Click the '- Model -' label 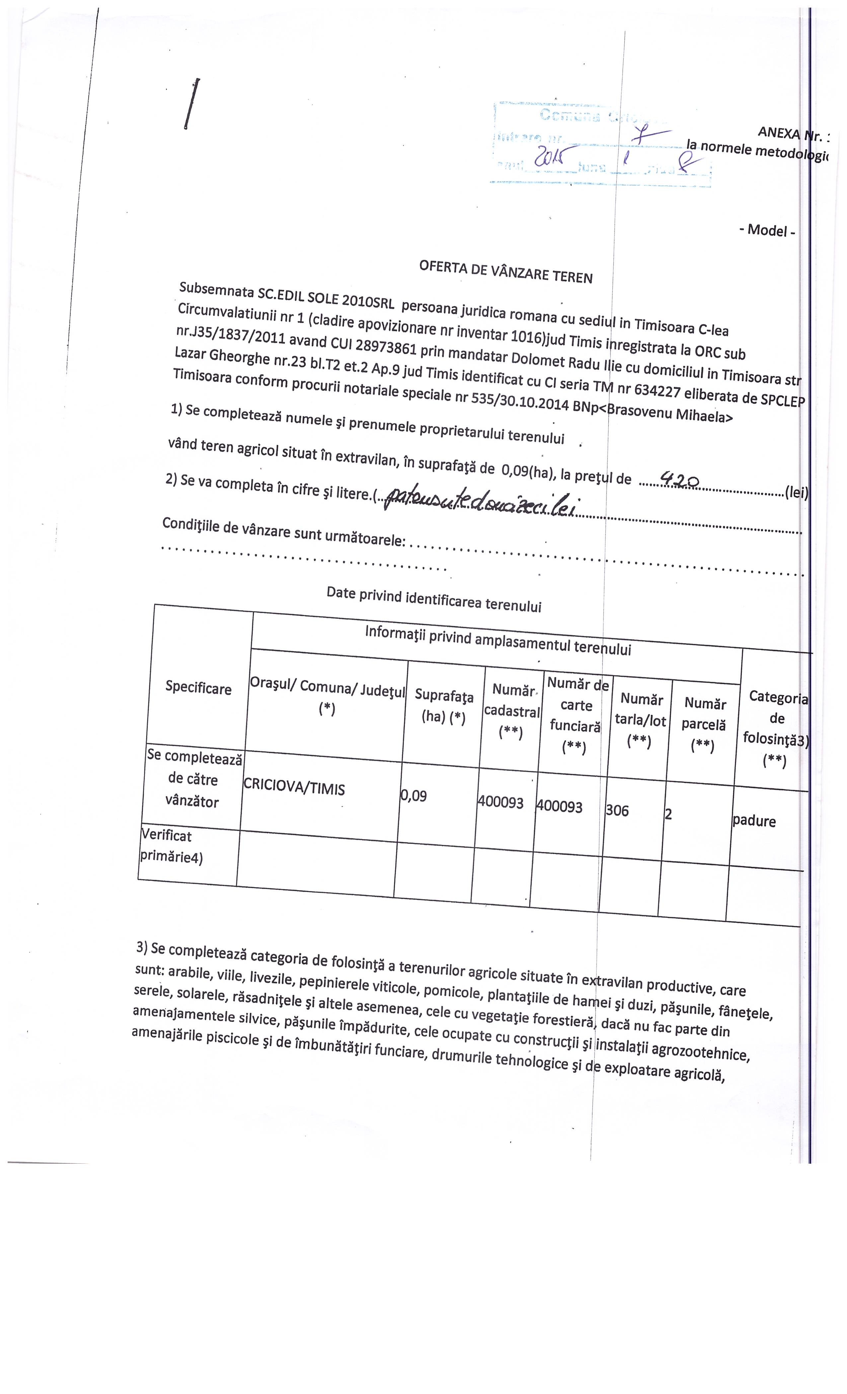point(767,230)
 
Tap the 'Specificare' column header point(198,688)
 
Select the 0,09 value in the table point(414,796)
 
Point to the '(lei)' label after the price point(796,492)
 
